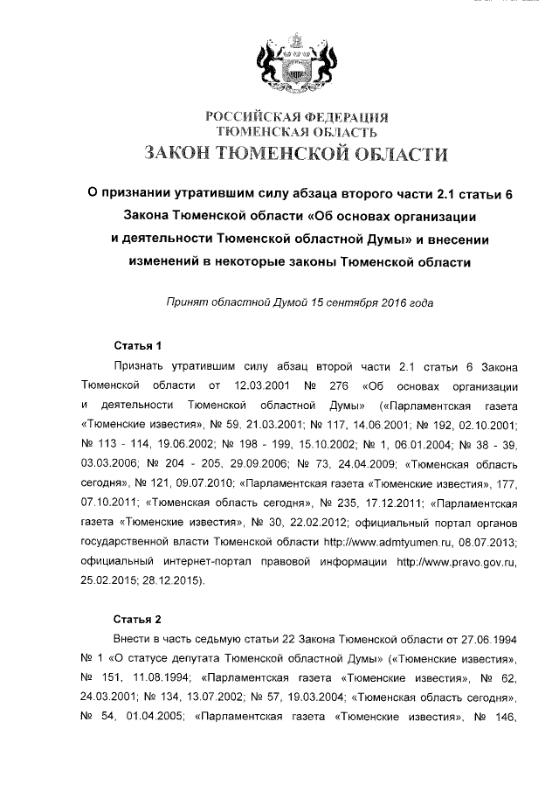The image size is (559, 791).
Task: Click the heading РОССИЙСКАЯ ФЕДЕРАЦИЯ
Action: coord(296,117)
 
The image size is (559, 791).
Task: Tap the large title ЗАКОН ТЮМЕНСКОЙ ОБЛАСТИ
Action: coord(296,155)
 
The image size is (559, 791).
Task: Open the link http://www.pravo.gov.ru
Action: coord(458,561)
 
